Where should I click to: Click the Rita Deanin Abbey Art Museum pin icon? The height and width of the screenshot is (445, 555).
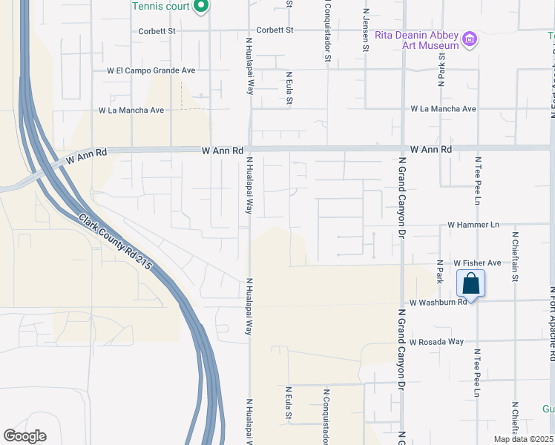click(469, 39)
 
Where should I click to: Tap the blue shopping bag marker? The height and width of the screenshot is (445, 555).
click(470, 283)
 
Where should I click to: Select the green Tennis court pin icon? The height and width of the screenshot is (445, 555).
click(200, 7)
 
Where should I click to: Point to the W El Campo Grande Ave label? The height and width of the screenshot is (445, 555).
click(151, 70)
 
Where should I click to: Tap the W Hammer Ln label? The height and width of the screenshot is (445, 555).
click(473, 224)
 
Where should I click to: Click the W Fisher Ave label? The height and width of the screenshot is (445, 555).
click(478, 263)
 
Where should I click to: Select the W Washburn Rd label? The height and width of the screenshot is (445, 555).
click(438, 302)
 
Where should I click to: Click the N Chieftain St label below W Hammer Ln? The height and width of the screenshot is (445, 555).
click(514, 257)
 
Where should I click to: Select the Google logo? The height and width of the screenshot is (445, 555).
click(24, 436)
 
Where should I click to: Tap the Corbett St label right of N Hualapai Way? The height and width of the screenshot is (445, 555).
click(275, 30)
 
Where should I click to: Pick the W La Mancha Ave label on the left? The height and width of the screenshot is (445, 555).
click(131, 110)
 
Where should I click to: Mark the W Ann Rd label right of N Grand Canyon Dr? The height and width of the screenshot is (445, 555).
click(430, 149)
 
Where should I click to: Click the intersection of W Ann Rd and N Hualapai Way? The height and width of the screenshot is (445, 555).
click(250, 149)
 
